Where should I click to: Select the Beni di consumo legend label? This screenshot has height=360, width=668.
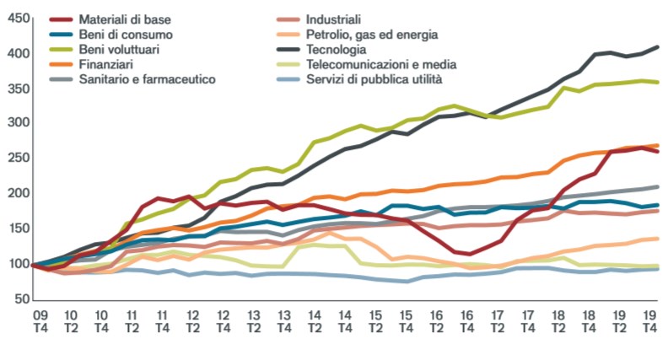point(126,35)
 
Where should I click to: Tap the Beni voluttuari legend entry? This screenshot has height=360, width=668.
point(123,49)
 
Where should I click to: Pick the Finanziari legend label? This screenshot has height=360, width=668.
point(107,64)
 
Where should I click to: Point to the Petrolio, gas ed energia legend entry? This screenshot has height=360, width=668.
point(373,35)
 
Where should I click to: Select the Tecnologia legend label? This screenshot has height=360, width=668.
point(342,49)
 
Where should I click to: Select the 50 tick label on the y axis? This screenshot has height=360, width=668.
point(19,298)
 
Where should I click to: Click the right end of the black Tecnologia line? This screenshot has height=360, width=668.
point(658,47)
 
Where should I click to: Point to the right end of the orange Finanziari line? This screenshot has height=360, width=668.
point(658,145)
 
